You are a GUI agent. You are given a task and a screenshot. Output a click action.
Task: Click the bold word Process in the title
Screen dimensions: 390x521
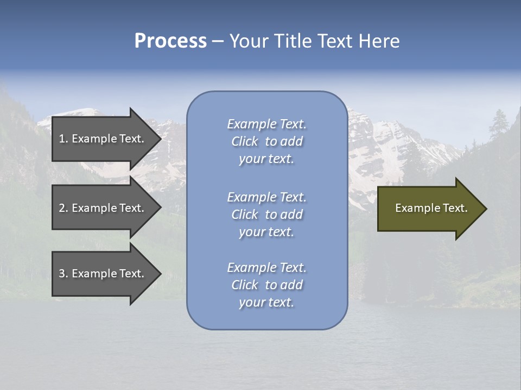click(x=170, y=41)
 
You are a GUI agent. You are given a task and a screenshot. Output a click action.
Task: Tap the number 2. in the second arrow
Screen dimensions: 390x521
click(x=63, y=208)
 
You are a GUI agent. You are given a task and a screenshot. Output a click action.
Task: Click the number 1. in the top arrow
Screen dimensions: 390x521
click(x=63, y=139)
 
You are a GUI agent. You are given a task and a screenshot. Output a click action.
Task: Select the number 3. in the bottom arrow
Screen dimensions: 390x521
click(x=63, y=274)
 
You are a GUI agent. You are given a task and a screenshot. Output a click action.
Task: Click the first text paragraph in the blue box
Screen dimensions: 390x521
click(x=266, y=141)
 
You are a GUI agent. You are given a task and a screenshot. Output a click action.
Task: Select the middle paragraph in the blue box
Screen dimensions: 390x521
click(x=266, y=214)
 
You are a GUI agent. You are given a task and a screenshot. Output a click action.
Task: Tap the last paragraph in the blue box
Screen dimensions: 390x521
click(x=266, y=285)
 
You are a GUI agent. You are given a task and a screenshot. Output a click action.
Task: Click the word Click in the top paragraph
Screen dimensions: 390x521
click(x=245, y=141)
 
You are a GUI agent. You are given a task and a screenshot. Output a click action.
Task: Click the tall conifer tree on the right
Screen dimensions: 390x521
click(x=497, y=127)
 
